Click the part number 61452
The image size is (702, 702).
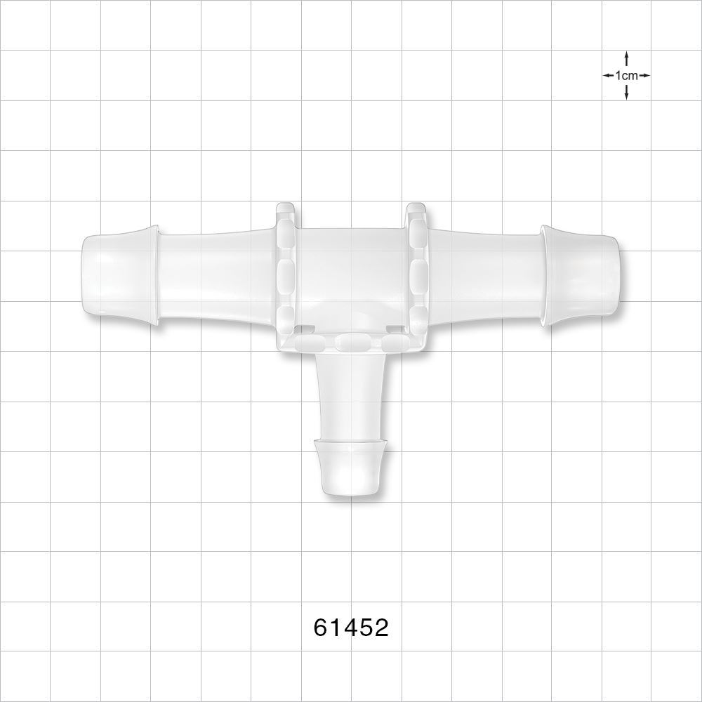pos(351,627)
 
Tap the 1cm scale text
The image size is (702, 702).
pos(626,75)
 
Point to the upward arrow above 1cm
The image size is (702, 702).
pos(626,59)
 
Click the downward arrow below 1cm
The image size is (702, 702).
pos(626,91)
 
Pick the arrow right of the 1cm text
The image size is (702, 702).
pos(644,75)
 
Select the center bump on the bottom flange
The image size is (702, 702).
pos(350,342)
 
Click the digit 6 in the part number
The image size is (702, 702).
pos(322,627)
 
